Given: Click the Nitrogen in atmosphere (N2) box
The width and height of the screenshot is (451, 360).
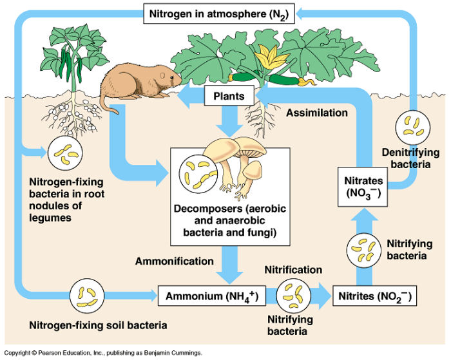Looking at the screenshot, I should [218, 13].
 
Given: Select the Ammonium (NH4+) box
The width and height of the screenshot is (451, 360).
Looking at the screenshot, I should [212, 297].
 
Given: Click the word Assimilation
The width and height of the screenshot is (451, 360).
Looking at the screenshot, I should [317, 113].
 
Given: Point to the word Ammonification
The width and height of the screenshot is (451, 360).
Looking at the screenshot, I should [174, 261].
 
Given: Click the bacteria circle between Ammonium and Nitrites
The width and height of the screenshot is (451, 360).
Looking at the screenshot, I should [294, 296].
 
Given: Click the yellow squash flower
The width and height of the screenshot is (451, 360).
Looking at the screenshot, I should [266, 61].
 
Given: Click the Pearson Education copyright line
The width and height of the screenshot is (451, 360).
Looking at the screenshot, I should [103, 354].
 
